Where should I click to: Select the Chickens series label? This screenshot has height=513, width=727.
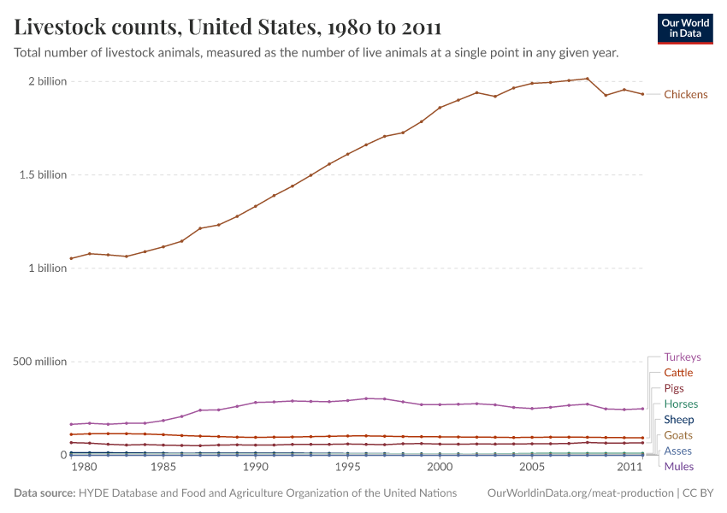coord(686,95)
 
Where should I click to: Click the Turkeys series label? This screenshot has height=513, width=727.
coord(682,357)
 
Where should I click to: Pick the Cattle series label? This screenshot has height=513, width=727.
coord(678,373)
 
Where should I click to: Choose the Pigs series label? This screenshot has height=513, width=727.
coord(674,388)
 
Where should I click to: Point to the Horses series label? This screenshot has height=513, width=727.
coord(681,404)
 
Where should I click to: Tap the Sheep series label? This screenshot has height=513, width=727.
coord(679,420)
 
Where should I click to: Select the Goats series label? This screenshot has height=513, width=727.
coord(678,435)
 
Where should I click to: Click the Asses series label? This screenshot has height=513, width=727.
coord(678,451)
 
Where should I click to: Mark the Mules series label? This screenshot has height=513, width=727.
coord(679,467)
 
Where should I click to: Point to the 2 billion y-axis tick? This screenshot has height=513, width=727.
coord(47,82)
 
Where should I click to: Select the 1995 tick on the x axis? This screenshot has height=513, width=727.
coord(347,468)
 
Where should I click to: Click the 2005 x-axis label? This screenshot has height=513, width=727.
coord(532,468)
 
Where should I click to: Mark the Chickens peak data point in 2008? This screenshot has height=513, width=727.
coord(587,79)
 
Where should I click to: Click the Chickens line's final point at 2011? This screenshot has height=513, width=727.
coord(642,94)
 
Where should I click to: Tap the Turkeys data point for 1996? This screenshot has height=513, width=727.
coord(366,398)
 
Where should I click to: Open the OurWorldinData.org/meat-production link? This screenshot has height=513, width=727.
coord(579,493)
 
